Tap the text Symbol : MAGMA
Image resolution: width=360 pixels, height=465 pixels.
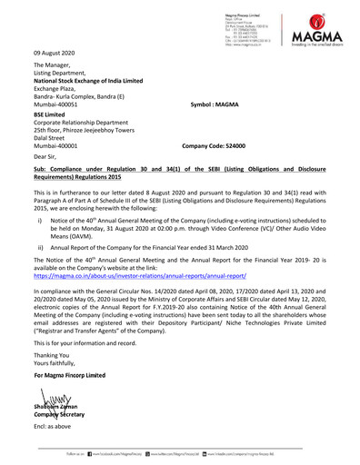[214, 105]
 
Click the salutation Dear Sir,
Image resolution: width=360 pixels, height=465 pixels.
[45, 157]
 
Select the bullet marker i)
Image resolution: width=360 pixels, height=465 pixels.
[40, 220]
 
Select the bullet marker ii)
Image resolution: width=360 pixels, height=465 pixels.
[40, 246]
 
